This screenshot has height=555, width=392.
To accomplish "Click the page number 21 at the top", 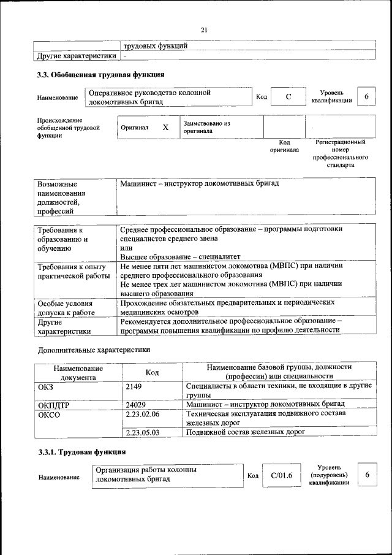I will click(x=205, y=29).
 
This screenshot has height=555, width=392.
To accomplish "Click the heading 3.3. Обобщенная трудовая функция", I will click(x=100, y=75).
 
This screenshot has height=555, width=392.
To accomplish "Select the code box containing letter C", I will click(x=287, y=98).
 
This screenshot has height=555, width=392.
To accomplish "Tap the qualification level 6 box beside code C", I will click(x=366, y=97).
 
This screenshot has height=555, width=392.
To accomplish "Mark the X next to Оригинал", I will click(x=165, y=128).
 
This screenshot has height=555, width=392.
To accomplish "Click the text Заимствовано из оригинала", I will click(x=206, y=127).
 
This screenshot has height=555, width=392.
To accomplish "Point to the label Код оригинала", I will click(x=284, y=146).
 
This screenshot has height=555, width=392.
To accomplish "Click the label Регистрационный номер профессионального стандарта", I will click(x=340, y=153).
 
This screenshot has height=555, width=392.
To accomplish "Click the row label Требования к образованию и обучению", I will click(x=63, y=239).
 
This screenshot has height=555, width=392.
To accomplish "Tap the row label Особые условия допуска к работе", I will click(x=65, y=307).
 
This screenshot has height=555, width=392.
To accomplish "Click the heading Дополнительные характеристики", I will click(x=94, y=350).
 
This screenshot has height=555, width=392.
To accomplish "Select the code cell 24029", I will click(x=135, y=404).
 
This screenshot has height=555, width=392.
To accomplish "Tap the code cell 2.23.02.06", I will click(x=142, y=414).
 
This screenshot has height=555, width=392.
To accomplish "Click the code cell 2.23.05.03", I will click(x=142, y=432).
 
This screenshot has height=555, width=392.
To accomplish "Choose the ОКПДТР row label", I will click(x=54, y=404).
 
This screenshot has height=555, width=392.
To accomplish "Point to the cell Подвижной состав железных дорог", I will click(x=245, y=432).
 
